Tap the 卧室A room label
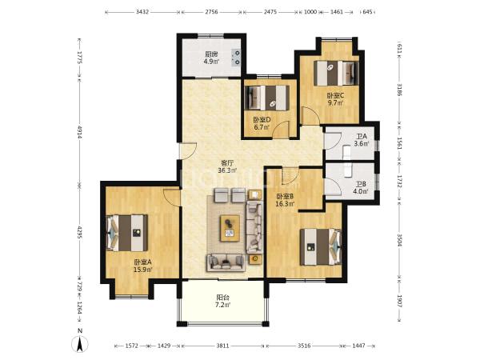tap(142, 262)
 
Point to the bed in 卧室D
tap(268, 98)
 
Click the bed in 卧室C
tap(336, 73)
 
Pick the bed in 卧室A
tap(126, 233)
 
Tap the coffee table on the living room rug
tap(230, 228)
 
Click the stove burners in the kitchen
tap(237, 58)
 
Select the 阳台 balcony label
tap(223, 298)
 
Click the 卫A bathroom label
tap(362, 137)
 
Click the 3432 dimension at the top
tap(142, 12)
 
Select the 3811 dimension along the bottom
tap(222, 346)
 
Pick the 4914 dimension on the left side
tap(79, 133)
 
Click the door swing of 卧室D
tap(281, 130)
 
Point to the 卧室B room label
tap(285, 196)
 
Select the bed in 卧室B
tap(321, 246)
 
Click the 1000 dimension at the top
tap(310, 12)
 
